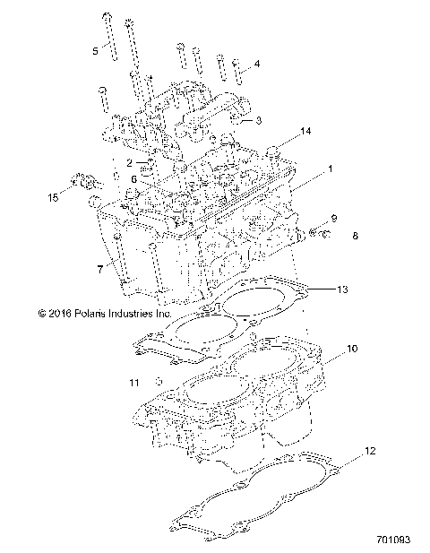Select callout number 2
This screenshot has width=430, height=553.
click(x=129, y=162)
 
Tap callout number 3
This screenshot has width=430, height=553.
click(x=258, y=120)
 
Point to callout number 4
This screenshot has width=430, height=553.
click(x=257, y=65)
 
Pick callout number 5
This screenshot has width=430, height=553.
click(x=96, y=51)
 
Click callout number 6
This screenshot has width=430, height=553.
click(x=134, y=179)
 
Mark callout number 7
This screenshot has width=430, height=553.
click(x=99, y=267)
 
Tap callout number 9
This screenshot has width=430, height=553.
click(x=333, y=219)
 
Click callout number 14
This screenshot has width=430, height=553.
click(x=305, y=132)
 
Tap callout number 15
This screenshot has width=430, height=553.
click(x=54, y=194)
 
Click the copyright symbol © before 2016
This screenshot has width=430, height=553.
click(x=42, y=314)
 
